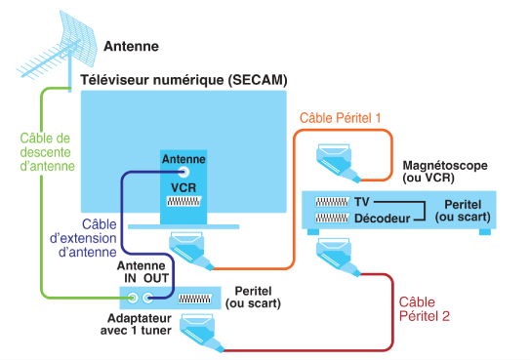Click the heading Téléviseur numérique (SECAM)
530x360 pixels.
click(x=183, y=80)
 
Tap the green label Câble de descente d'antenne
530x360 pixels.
click(x=47, y=152)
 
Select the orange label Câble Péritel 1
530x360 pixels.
click(x=340, y=118)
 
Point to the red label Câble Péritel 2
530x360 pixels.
click(x=425, y=309)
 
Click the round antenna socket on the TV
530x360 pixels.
click(x=183, y=173)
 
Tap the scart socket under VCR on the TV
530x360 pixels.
click(x=183, y=201)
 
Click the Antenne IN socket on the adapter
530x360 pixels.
click(x=133, y=298)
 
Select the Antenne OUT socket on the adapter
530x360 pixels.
click(x=147, y=298)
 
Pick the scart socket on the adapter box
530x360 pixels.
click(x=196, y=299)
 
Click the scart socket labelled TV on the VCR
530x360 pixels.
click(x=332, y=202)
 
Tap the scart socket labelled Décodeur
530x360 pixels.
click(x=332, y=218)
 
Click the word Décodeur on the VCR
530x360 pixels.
click(x=382, y=219)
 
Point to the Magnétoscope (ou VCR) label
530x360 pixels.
click(x=445, y=172)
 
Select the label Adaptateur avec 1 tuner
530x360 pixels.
click(x=136, y=324)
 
